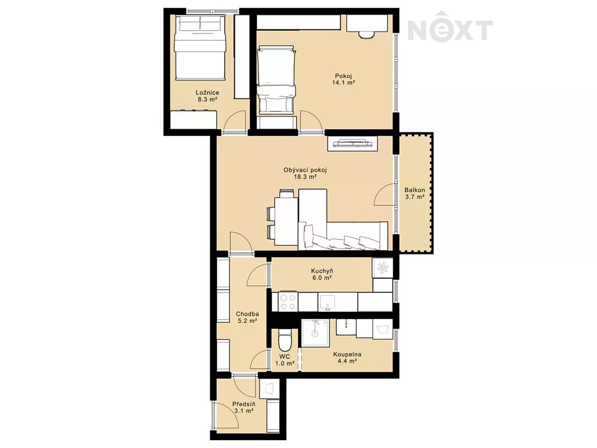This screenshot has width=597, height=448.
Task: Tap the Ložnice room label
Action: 207,93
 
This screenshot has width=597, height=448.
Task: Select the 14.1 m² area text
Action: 343,83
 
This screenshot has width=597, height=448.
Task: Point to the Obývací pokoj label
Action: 305,170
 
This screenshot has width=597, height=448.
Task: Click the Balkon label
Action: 415,190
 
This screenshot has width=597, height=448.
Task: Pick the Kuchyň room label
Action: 322,271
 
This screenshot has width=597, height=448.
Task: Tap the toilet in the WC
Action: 285,340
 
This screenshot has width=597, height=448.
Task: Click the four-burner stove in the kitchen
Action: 288,302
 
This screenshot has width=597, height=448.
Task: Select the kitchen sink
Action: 328,302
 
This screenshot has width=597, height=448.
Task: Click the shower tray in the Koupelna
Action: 315,333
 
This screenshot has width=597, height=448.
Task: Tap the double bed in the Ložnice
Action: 200,47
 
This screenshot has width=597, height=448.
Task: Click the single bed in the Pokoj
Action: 276,80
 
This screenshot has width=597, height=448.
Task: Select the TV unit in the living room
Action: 353,143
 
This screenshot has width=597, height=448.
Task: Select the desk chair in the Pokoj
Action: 366,35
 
